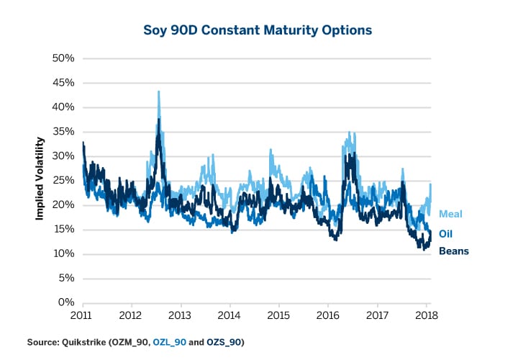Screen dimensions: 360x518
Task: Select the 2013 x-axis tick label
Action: click(180, 315)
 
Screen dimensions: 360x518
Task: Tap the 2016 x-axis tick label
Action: click(328, 315)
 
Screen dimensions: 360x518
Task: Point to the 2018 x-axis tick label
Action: click(427, 315)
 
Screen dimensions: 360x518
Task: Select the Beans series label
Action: click(454, 252)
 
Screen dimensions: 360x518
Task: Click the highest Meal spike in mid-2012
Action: click(158, 92)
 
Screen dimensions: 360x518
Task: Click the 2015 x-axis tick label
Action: click(278, 315)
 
